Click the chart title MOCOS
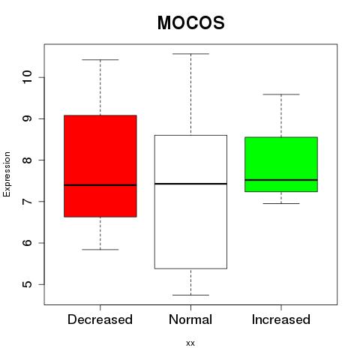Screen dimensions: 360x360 [x=191, y=22]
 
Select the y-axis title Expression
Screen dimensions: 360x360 [x=7, y=174]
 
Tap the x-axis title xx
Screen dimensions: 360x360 [x=190, y=343]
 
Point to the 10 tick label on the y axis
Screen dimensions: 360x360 [x=27, y=77]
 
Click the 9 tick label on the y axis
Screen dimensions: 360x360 [x=27, y=118]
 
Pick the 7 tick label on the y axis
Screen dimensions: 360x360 [x=27, y=201]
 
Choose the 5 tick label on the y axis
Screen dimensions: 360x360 [x=27, y=284]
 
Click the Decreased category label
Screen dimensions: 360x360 [x=100, y=319]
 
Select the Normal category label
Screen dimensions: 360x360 [x=190, y=319]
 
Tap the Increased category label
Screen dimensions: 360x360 [x=281, y=319]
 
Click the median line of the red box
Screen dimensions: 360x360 [x=100, y=185]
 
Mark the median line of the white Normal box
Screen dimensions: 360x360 [x=190, y=184]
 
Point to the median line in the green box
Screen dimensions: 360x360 [x=281, y=180]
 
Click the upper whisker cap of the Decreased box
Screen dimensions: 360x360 [x=100, y=60]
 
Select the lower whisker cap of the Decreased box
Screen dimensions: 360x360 [x=100, y=250]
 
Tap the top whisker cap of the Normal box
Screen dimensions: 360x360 [x=190, y=54]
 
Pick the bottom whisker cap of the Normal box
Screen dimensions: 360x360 [x=190, y=295]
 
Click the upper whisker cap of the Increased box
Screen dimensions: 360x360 [x=281, y=94]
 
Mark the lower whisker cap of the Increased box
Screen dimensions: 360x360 [x=281, y=203]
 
